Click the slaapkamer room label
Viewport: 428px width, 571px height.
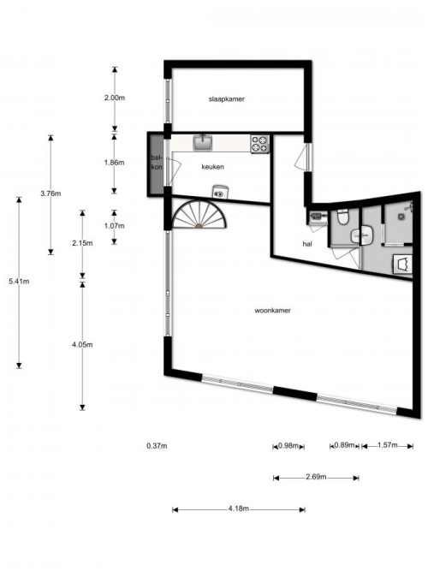click(226, 99)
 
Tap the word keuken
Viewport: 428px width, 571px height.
click(213, 167)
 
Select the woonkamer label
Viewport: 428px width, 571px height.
click(272, 311)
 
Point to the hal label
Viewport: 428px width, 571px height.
click(307, 244)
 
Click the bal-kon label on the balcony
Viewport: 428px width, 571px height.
click(157, 163)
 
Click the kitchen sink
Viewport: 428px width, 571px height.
click(203, 142)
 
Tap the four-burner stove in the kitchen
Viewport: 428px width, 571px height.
click(259, 144)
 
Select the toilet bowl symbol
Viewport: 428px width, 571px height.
click(343, 217)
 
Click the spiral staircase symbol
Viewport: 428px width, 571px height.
click(199, 215)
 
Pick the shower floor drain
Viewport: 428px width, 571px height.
click(401, 216)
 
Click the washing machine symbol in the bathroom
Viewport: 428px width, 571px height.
click(403, 264)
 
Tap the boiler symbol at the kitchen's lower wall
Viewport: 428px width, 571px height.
click(220, 192)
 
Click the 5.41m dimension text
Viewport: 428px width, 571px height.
click(19, 281)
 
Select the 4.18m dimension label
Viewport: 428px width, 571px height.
click(239, 509)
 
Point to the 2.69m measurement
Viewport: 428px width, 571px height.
click(316, 477)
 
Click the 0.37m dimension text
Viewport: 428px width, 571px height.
click(157, 446)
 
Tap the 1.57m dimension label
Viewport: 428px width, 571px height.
click(387, 445)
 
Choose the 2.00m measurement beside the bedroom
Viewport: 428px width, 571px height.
click(115, 98)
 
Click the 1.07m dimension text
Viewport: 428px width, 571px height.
click(114, 226)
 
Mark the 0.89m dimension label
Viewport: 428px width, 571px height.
click(344, 445)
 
